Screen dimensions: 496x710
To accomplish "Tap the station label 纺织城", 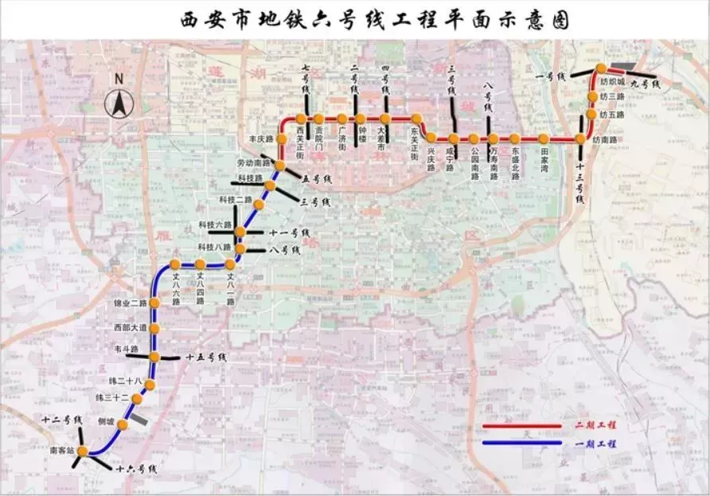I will [614, 80].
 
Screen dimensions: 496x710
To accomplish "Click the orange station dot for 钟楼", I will [361, 119].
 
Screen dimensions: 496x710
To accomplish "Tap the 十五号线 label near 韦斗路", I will [205, 359].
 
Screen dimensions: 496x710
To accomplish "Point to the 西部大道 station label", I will [129, 327].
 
